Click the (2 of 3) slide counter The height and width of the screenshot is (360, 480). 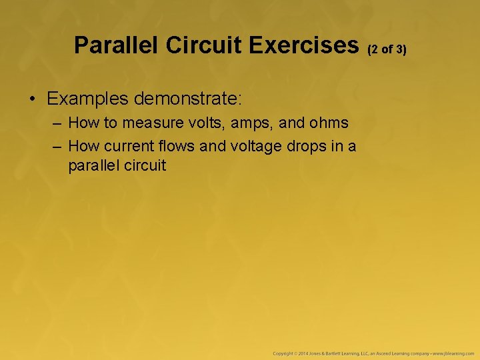point(387,49)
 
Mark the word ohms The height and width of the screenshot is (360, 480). point(326,123)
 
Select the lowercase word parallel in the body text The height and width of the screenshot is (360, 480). point(93,165)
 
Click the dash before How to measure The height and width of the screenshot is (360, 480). point(59,123)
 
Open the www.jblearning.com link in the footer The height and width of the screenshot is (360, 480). point(453,352)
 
